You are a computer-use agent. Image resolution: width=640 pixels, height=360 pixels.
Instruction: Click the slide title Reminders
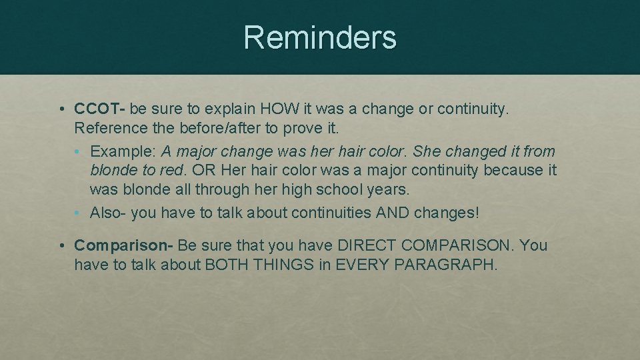coord(320,37)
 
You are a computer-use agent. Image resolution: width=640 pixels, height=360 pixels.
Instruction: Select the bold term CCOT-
coord(101,108)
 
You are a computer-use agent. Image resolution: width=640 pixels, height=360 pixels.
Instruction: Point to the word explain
coord(231,108)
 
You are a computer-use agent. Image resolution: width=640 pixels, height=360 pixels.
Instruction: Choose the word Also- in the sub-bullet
coord(108,213)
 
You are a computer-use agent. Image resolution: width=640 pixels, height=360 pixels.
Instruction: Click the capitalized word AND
coord(393,213)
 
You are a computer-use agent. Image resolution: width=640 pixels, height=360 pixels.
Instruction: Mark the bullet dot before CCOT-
coord(61,109)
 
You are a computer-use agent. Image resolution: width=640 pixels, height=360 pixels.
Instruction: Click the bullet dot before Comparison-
coord(61,246)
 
